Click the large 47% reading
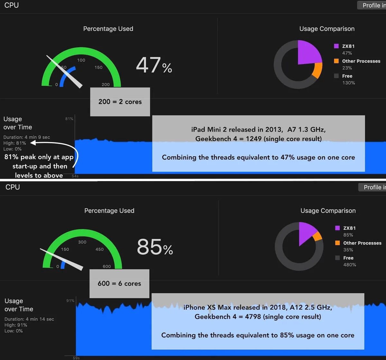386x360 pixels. tap(154, 65)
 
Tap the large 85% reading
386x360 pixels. tap(155, 247)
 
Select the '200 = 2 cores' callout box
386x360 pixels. tap(120, 102)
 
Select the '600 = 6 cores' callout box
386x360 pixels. tap(119, 283)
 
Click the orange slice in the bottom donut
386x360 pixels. tap(317, 236)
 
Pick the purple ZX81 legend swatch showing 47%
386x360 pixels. tap(336, 46)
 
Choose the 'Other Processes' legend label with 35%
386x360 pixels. tap(362, 243)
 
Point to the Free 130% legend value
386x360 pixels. tap(348, 83)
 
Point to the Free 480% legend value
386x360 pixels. tap(349, 265)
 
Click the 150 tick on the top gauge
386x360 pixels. tap(98, 67)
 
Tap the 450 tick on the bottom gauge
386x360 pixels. tap(99, 249)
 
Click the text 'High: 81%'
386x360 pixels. tap(15, 143)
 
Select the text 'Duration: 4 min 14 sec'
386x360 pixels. tap(29, 319)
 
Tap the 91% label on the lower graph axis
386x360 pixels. tap(70, 301)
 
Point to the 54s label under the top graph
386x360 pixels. tap(75, 176)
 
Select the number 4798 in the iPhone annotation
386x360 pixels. tap(253, 317)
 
